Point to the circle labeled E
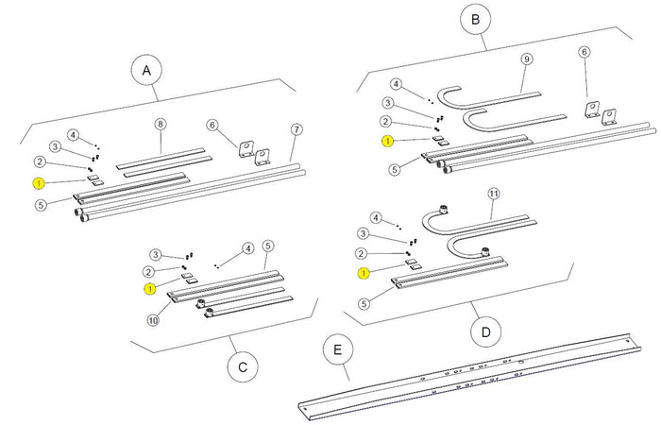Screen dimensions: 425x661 tap(335, 352)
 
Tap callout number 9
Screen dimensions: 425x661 tap(526, 59)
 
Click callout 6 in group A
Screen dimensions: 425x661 tap(212, 124)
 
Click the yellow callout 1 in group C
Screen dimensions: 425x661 tap(148, 288)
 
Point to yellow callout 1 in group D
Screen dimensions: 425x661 tap(363, 273)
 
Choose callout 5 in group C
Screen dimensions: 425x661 tap(268, 246)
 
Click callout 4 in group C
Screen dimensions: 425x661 tap(248, 248)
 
